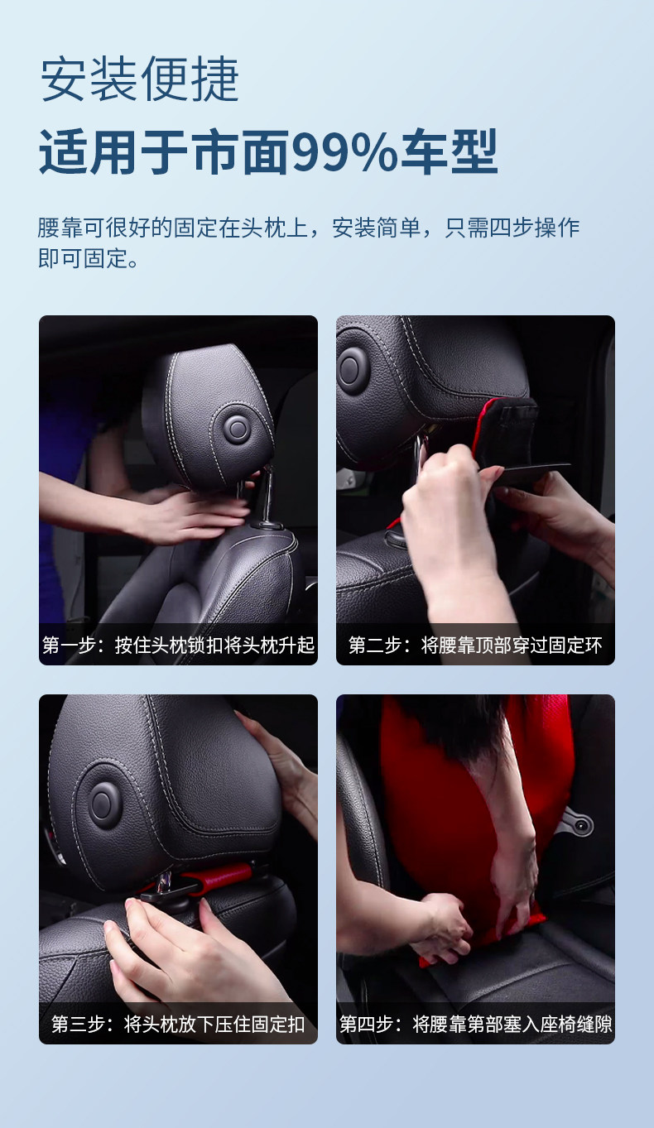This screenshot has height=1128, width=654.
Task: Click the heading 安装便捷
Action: point(139,79)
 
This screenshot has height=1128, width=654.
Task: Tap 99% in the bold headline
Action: point(344,151)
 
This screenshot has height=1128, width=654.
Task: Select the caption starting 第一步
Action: point(178,645)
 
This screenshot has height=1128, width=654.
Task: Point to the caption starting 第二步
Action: point(475,645)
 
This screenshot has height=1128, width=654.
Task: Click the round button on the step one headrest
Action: point(236,429)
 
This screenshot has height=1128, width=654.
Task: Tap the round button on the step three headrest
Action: point(103,800)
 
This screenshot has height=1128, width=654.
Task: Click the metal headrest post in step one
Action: point(267,496)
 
